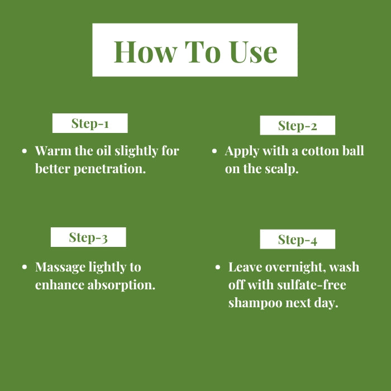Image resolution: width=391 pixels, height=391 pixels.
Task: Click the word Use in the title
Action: [x=254, y=51]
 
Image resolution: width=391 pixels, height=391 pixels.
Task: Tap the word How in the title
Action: [x=145, y=51]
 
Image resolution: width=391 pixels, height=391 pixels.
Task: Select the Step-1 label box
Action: [x=90, y=123]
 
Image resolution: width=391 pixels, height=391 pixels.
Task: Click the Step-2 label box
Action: [x=298, y=125]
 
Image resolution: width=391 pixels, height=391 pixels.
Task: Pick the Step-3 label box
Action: [x=88, y=237]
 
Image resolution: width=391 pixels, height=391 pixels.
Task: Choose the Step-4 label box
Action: [x=298, y=239]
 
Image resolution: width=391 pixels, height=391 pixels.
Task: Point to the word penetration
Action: [x=109, y=169]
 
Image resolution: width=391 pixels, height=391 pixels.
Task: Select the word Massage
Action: [x=60, y=268]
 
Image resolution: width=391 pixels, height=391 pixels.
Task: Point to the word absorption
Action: [x=121, y=285]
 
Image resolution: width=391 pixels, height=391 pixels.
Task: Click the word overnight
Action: [x=295, y=268]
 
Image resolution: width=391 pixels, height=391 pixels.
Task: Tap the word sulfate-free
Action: [x=312, y=285]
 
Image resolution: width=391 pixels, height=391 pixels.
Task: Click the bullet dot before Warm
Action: [x=25, y=151]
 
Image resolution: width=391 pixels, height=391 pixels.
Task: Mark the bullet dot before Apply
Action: [x=214, y=151]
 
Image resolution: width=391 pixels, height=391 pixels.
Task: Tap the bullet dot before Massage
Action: [x=25, y=267]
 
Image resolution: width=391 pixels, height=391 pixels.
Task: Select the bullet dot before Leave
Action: [x=218, y=267]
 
